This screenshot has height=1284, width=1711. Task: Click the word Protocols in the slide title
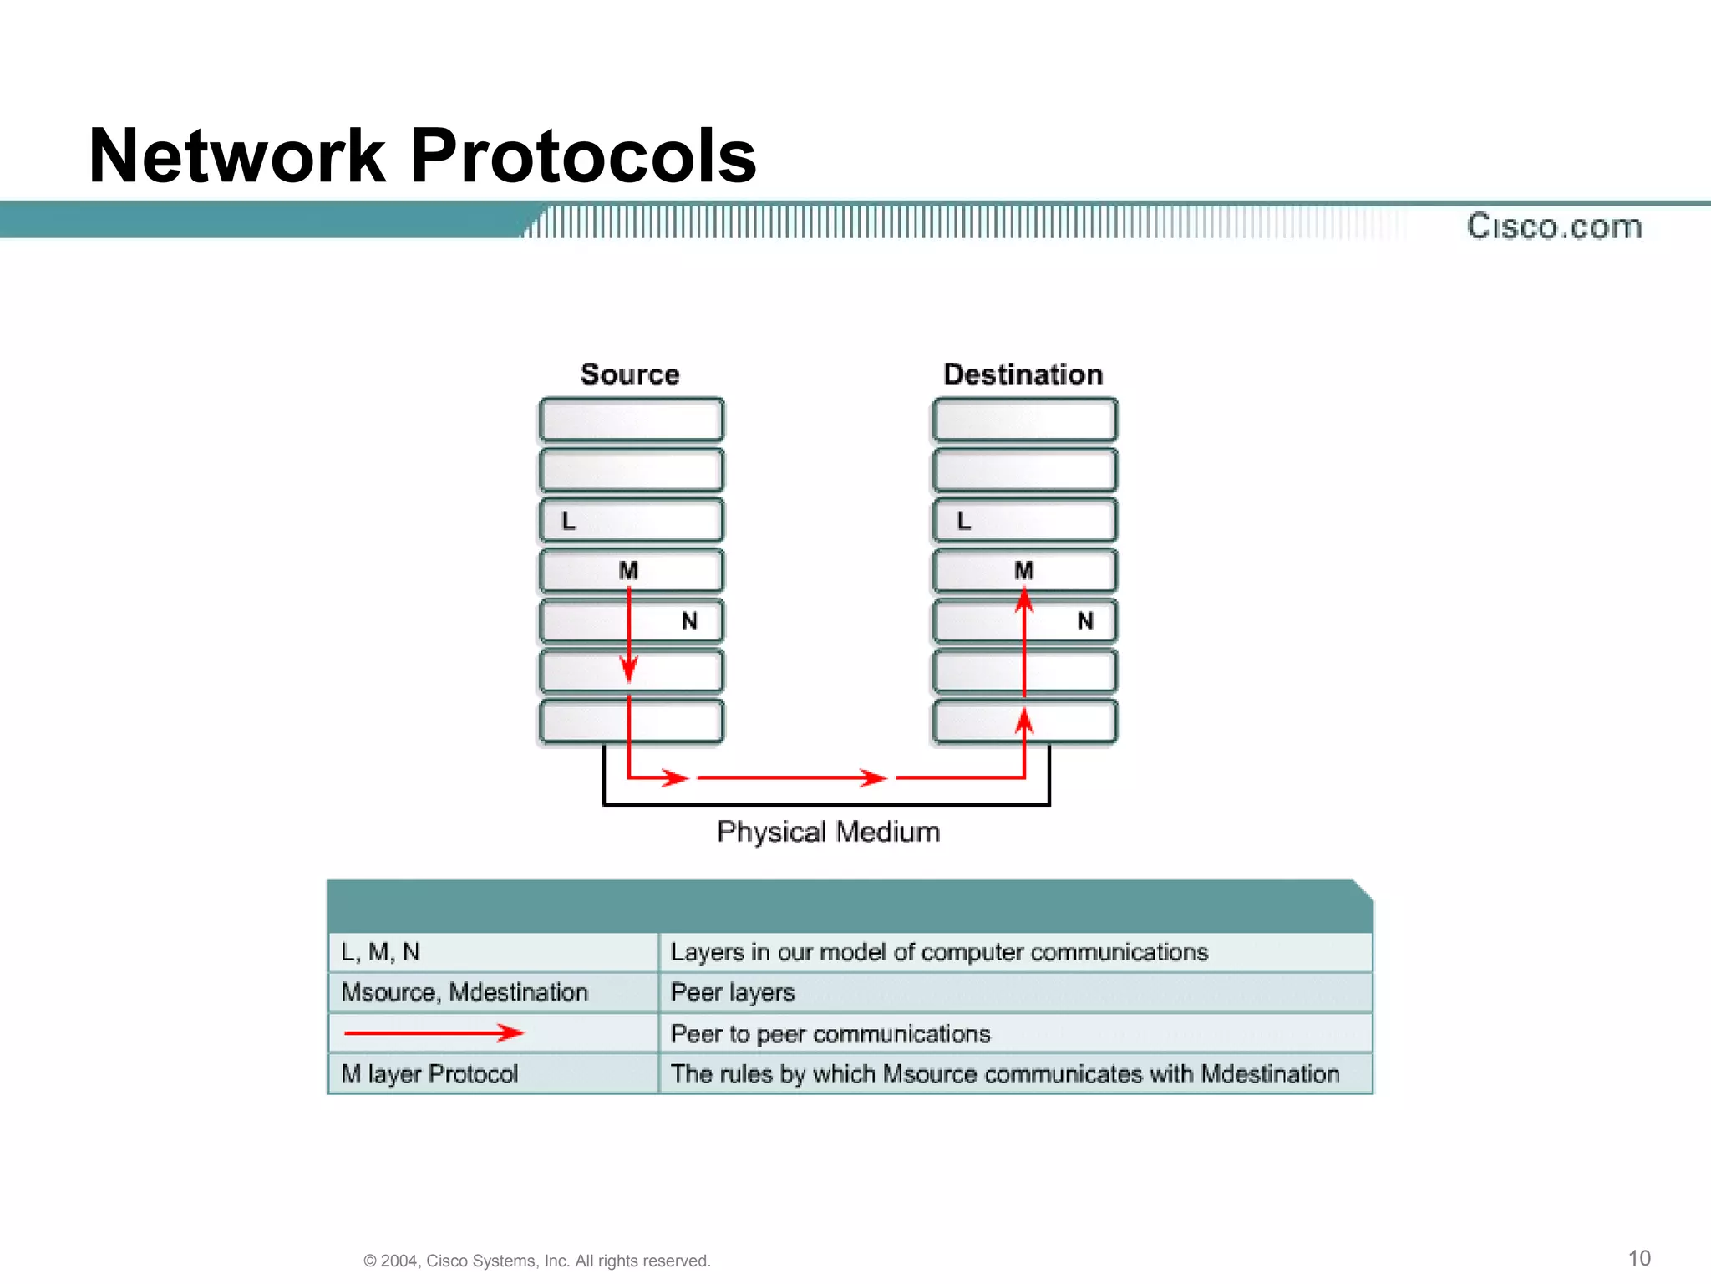[583, 156]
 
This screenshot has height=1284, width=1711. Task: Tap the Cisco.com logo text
[1554, 227]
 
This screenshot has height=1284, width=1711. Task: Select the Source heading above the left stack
[630, 374]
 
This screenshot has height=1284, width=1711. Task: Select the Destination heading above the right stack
[1023, 374]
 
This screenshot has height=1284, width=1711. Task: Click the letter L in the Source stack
[569, 521]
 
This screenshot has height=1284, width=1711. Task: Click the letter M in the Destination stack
[1023, 570]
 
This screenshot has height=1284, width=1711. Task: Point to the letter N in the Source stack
[689, 621]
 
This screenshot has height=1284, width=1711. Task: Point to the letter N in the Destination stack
[1084, 621]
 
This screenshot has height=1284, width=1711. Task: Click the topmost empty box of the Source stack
[631, 420]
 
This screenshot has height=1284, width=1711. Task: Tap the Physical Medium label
[828, 832]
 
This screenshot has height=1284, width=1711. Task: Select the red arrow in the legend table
[434, 1033]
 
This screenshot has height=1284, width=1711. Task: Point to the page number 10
[1639, 1258]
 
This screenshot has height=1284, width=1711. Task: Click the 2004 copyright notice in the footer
[536, 1261]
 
